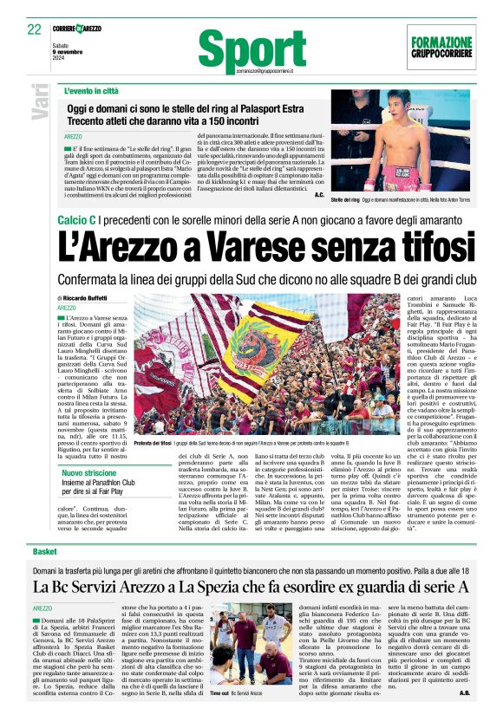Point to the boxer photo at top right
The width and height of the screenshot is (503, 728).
(402, 142)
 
